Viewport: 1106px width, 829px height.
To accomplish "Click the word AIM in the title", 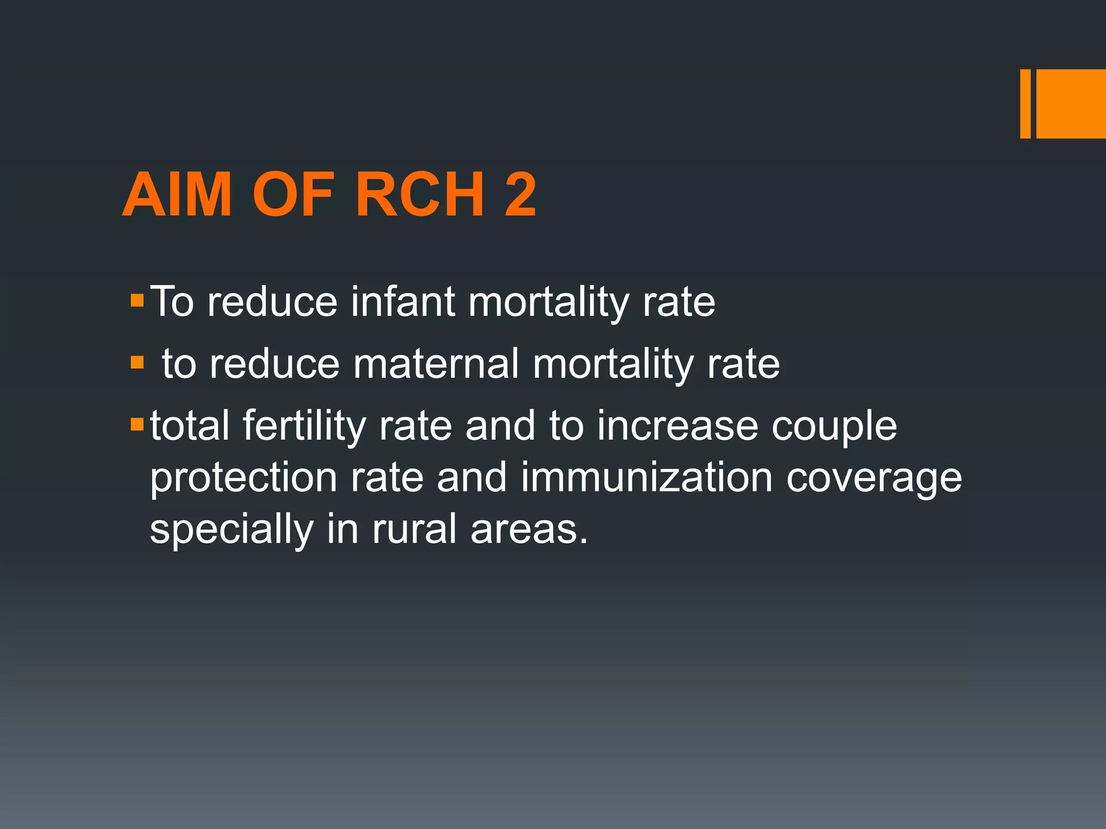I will (177, 195).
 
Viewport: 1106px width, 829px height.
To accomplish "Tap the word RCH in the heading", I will (420, 195).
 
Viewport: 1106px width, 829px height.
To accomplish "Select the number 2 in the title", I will (521, 195).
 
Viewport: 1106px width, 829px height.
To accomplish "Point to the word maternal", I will (436, 364).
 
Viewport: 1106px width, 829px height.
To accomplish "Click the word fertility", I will (304, 426).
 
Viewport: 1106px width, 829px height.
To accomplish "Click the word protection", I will (244, 478).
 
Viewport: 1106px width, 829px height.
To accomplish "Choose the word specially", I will (232, 531).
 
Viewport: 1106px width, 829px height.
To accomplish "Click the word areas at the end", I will (529, 530).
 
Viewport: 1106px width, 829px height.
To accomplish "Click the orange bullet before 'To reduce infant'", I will (137, 301).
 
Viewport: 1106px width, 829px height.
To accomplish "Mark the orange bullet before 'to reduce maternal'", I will (137, 362).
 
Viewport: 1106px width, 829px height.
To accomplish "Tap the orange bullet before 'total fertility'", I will (137, 424).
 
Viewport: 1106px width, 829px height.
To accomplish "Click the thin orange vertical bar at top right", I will (1025, 104).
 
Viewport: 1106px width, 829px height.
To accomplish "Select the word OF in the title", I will (293, 195).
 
